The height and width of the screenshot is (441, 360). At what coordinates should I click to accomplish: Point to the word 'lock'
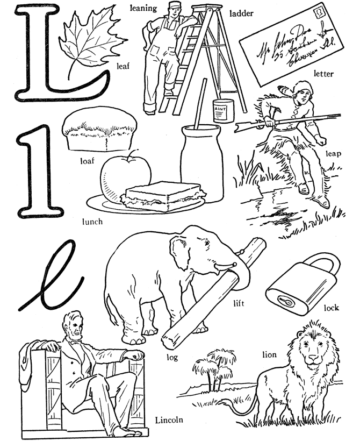[332, 309]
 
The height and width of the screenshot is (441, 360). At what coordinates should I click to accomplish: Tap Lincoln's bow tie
[74, 342]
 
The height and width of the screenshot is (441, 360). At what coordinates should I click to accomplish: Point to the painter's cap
[160, 7]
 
